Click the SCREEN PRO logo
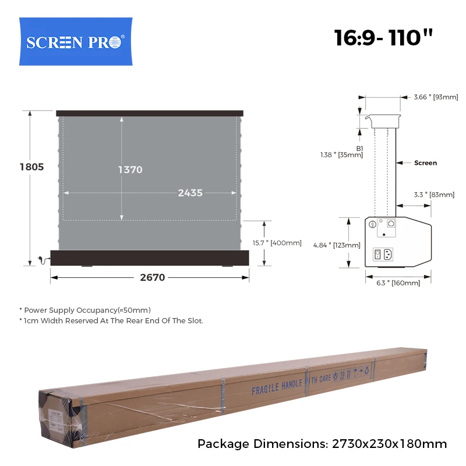pos(76,42)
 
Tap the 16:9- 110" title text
pos(384,38)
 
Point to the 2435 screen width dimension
pos(190,193)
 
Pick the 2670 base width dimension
pos(153,278)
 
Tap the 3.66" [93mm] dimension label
pos(436,97)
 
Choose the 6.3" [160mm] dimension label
pos(398,283)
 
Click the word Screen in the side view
pos(425,163)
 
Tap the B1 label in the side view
pos(359,149)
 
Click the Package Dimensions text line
pos(322,444)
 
